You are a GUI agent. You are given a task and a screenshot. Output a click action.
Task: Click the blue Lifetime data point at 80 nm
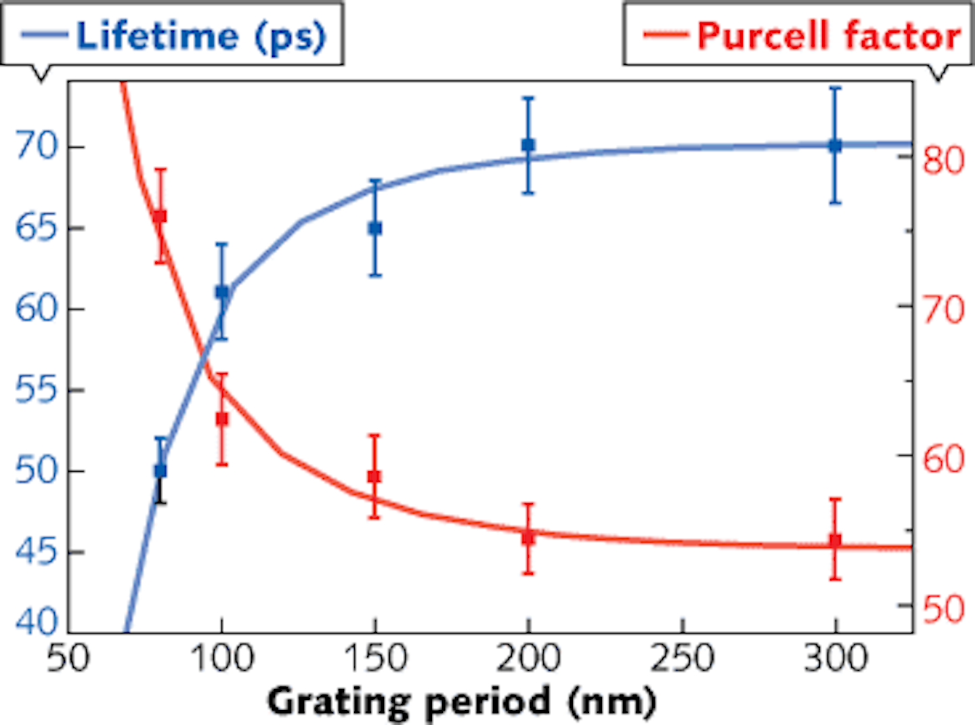coord(160,470)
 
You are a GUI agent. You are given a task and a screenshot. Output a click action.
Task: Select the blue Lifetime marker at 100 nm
coord(222,292)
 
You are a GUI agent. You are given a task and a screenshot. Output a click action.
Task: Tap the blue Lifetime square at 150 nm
coord(375,229)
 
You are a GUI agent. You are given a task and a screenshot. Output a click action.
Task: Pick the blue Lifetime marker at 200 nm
coord(528,145)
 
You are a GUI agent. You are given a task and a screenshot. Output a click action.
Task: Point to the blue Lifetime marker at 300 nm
coord(835,145)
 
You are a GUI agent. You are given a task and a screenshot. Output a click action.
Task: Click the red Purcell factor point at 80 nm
coord(160,217)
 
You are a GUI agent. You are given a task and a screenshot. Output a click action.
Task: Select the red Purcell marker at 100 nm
coord(222,419)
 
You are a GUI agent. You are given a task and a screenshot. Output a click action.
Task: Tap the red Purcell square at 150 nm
coord(374,477)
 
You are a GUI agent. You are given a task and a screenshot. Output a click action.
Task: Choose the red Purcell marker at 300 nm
coord(835,540)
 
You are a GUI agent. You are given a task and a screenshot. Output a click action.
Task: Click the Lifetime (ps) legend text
coord(200,36)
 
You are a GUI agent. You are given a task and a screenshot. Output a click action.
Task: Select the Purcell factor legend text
coord(829,36)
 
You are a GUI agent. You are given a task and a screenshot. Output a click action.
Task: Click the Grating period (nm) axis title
coord(462,701)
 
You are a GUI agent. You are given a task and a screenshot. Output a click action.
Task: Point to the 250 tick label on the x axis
coord(682,658)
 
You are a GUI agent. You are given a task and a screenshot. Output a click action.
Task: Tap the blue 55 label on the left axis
coord(37,390)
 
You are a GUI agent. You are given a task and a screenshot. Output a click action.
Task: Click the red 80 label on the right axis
coord(943,160)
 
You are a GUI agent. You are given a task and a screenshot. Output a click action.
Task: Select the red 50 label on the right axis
coord(943,609)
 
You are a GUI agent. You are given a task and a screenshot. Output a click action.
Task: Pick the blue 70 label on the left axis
coord(37,146)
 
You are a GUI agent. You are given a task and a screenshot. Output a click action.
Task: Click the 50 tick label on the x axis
coord(68,658)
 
